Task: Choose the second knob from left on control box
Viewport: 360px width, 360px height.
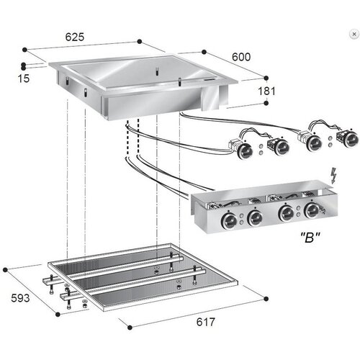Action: click(255, 217)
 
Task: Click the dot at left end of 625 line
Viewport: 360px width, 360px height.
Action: click(25, 50)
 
